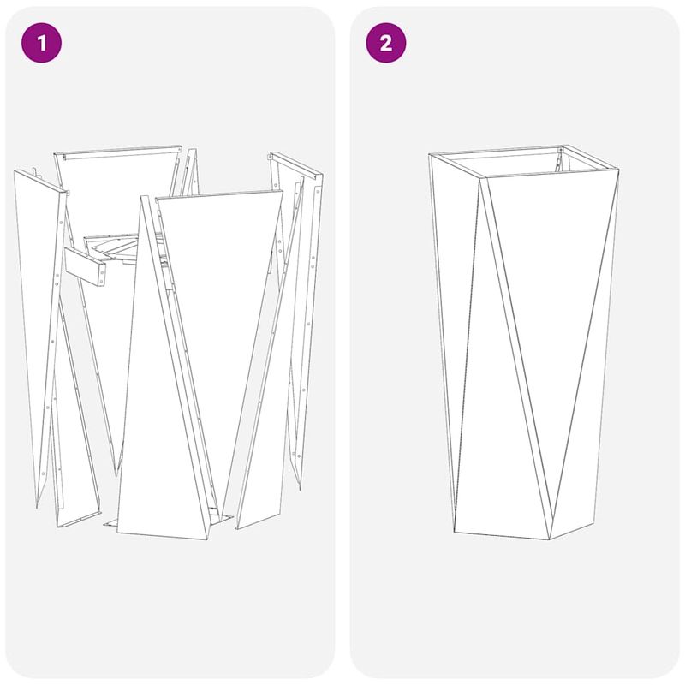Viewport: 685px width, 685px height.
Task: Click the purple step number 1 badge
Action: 43,44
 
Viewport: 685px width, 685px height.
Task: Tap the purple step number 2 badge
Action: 385,44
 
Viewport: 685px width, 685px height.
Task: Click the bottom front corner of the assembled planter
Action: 549,539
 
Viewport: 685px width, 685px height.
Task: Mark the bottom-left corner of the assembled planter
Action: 456,528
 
